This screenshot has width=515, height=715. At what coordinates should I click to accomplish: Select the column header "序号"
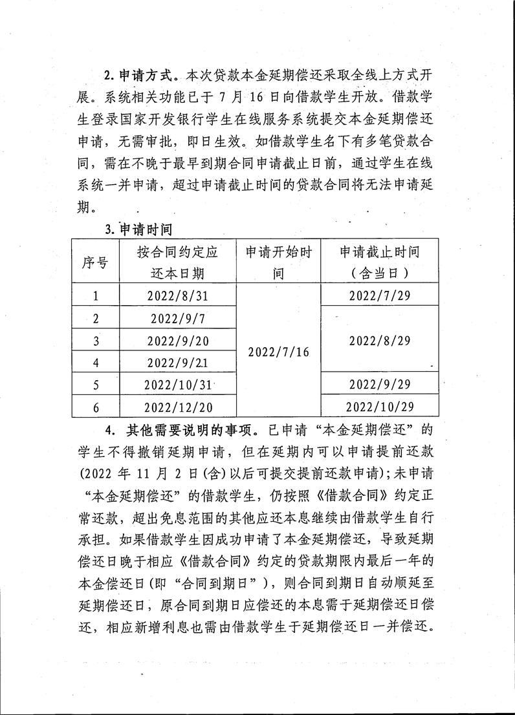pos(95,262)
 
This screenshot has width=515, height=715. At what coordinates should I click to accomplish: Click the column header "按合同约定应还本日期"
pos(177,262)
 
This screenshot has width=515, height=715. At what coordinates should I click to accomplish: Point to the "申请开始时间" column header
pos(278,262)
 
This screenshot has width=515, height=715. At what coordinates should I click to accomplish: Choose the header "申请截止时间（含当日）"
pos(380,262)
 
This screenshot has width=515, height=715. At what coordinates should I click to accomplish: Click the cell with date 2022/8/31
pos(177,296)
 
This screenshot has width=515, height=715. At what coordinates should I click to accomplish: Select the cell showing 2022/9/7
pos(177,318)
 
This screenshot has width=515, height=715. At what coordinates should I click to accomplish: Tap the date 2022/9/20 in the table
pos(177,341)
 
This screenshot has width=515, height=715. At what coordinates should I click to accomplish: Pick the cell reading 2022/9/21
pos(177,363)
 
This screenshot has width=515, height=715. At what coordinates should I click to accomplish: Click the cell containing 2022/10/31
pos(178,385)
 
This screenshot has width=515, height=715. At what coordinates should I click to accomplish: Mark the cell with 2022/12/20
pos(177,407)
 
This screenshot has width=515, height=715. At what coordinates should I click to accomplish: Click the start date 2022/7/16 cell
pos(279,352)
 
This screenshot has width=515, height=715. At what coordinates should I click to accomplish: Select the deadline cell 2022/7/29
pos(380,296)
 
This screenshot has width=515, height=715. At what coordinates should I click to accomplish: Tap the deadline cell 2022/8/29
pos(380,341)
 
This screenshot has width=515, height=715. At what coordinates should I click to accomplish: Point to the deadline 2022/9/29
pos(380,384)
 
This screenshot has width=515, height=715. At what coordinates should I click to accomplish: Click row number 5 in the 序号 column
pos(96,385)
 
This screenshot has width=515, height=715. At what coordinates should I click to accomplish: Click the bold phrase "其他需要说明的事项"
pos(185,429)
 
